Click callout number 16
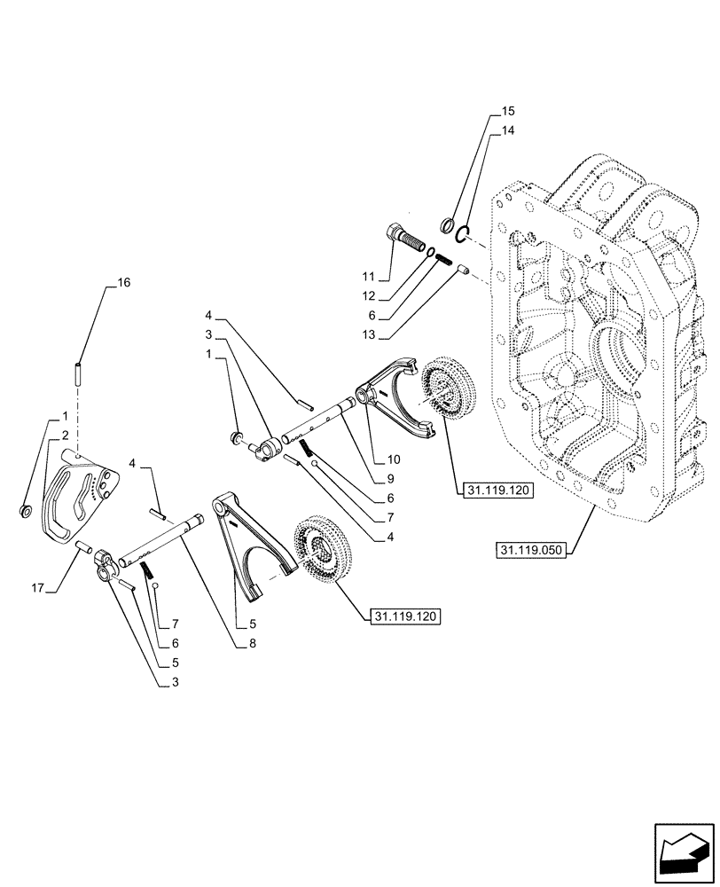tap(122, 283)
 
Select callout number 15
tap(507, 112)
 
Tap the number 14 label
tap(507, 130)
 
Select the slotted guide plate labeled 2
tap(82, 497)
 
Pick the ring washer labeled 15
tap(448, 224)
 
